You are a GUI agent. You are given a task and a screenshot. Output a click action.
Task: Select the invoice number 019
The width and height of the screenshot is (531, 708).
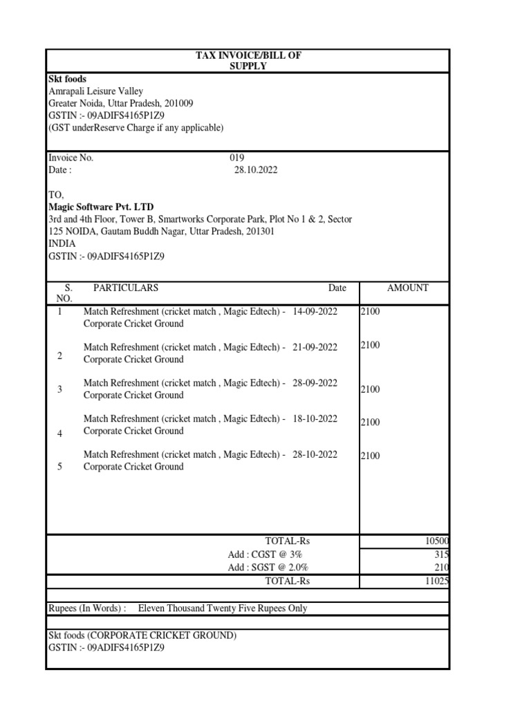tap(237, 158)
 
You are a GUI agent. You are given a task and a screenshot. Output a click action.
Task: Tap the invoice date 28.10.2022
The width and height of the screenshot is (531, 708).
tap(256, 170)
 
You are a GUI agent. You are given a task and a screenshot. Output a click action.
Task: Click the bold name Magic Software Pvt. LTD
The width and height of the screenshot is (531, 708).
tap(101, 207)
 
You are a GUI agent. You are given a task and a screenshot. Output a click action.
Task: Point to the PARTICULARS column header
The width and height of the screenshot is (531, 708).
tap(126, 288)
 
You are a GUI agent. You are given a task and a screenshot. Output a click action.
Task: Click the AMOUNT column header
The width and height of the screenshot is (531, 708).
tap(407, 288)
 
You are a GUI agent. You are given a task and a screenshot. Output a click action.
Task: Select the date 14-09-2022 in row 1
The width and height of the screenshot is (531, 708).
tap(315, 312)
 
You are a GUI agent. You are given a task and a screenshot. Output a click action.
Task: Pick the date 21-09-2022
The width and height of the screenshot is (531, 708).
tap(315, 347)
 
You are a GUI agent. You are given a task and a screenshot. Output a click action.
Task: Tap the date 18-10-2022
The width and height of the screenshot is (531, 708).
tap(315, 419)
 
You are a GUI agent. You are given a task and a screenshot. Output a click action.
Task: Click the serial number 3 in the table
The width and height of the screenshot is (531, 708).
tap(59, 389)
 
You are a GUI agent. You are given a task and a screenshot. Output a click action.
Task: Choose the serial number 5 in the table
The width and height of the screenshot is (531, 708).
tap(59, 467)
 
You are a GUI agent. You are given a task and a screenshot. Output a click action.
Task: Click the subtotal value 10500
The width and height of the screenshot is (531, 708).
tap(438, 541)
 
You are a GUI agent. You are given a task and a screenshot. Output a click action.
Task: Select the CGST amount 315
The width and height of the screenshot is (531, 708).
tap(442, 555)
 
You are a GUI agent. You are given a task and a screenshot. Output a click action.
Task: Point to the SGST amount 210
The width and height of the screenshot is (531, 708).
tap(442, 568)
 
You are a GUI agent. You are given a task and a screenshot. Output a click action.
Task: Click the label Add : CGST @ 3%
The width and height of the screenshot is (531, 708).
tap(265, 555)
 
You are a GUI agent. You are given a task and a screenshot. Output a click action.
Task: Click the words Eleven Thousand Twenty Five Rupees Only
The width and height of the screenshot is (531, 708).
tap(223, 608)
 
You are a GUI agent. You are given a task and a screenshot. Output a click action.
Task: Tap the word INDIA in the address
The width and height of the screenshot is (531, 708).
tap(62, 244)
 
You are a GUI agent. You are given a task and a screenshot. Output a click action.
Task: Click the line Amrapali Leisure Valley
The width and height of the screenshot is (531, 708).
tap(95, 91)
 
